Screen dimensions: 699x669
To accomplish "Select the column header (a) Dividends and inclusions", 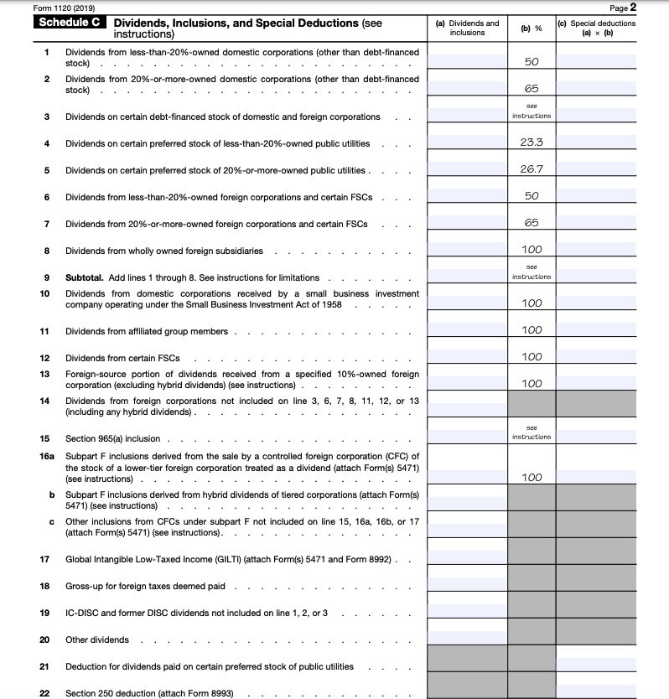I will [467, 28].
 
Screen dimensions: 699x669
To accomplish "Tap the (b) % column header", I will [532, 28].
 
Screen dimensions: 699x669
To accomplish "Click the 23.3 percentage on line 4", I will [532, 142].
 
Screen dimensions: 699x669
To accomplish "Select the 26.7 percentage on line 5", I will [532, 169].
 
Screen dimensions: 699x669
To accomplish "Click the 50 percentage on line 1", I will [532, 62].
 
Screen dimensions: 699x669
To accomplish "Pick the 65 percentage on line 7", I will [532, 223].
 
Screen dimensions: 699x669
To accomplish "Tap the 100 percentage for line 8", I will [532, 250].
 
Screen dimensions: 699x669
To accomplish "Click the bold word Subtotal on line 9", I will [86, 277].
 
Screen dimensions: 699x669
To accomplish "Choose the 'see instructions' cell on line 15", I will [532, 432].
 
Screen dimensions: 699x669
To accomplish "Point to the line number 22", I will [45, 693].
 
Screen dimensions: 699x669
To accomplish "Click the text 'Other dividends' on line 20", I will [97, 639].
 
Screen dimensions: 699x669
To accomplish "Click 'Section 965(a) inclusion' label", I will [112, 438].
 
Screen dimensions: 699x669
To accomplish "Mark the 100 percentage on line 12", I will [532, 357].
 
